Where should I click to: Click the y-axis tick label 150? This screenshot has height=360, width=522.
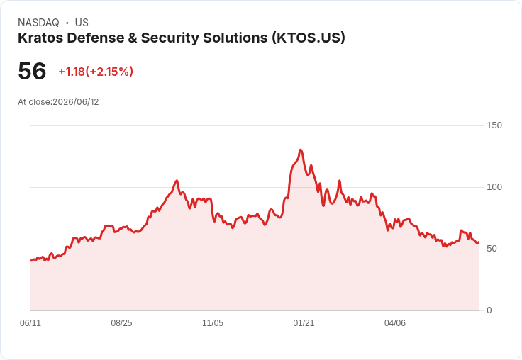494,125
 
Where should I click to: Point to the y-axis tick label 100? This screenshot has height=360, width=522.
494,187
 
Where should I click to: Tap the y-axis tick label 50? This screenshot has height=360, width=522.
492,249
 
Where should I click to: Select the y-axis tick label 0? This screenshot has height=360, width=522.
489,310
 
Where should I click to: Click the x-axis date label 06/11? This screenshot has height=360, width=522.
30,322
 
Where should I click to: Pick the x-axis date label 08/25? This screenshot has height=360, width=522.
121,322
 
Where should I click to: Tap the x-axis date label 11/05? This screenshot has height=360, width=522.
213,322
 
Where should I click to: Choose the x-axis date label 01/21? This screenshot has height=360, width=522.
304,322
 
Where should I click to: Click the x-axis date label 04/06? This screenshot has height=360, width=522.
395,322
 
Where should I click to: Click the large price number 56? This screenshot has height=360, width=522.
32,71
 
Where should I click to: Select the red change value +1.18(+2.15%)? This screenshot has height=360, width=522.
96,72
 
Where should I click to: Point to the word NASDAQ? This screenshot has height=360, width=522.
38,23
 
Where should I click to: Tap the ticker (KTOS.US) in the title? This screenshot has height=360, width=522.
309,38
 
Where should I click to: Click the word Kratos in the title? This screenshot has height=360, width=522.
40,38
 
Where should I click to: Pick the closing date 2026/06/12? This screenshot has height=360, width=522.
76,102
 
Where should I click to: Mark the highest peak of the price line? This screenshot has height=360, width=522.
301,150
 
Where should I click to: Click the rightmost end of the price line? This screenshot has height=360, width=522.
479,242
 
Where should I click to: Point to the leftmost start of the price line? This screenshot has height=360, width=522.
31,261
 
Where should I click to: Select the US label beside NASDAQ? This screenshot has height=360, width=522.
82,23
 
